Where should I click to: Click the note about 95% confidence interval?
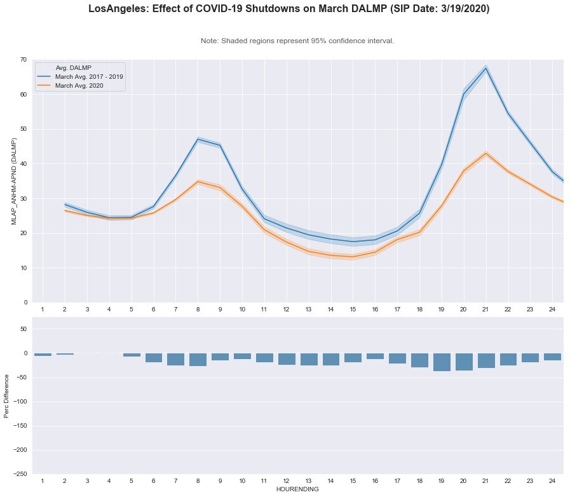click(x=297, y=41)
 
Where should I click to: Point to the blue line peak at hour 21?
click(x=486, y=68)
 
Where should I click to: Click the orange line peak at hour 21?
click(x=486, y=153)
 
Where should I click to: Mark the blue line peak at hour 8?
click(x=198, y=139)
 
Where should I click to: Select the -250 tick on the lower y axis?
click(x=21, y=474)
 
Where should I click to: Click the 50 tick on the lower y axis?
click(x=24, y=329)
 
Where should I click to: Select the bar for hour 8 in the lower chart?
click(x=198, y=360)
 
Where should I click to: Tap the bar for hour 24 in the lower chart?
click(x=552, y=357)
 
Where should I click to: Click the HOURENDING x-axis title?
click(x=297, y=489)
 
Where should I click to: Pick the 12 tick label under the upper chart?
click(x=287, y=309)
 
